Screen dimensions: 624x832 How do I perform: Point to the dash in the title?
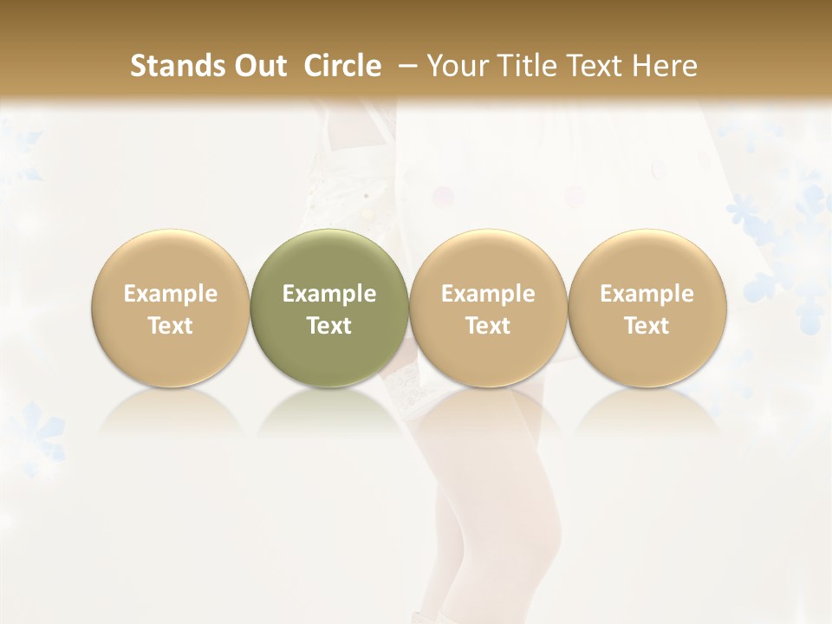coord(404,66)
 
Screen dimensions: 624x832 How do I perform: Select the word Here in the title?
coord(666,66)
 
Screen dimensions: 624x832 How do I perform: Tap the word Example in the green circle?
coord(329,294)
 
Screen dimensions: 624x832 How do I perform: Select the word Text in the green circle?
coord(329,326)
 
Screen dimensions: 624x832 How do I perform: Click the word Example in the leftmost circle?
coord(171,294)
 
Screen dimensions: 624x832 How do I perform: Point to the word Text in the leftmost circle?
coord(171,326)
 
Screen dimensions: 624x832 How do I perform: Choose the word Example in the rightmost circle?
coord(647,294)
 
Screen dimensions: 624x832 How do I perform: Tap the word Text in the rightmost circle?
coord(647,326)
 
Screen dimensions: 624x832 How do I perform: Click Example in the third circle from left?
coord(488,294)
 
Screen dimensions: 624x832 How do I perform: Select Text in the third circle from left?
coord(488,326)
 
